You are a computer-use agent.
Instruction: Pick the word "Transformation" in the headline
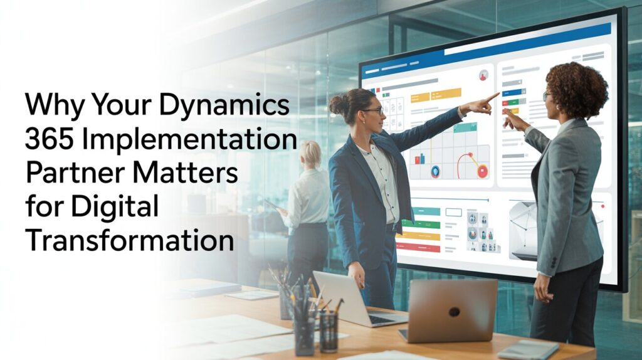[x=129, y=240]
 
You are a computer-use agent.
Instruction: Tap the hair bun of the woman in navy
[x=338, y=104]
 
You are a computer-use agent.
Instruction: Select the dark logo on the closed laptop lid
[x=453, y=312]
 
